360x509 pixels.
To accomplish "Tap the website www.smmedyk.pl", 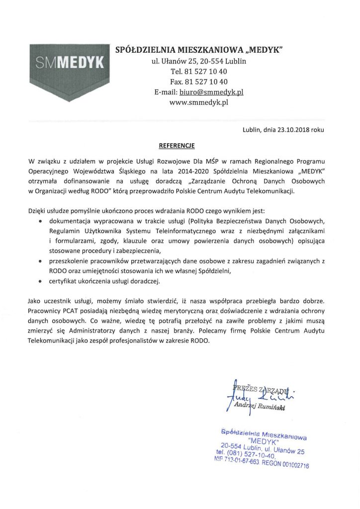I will pos(199,103).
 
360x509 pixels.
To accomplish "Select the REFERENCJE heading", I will pos(177,146).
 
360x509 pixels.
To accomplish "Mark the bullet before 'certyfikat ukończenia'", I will pos(40,281).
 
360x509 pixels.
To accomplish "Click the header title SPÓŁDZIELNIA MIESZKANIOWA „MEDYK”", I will pos(199,50).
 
